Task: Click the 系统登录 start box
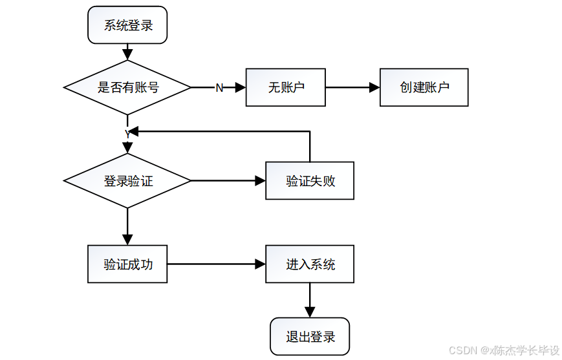127,25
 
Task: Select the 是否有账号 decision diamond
127,87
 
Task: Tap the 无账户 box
285,87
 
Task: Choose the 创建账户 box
424,87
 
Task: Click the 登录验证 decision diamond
127,181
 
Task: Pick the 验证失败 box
310,181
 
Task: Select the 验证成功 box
127,264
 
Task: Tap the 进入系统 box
310,264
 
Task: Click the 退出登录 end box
310,336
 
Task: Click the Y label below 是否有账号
127,132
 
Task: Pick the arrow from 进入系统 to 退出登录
310,300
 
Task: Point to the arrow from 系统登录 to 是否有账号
127,52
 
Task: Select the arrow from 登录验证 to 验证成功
127,226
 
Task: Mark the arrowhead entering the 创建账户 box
374,87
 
